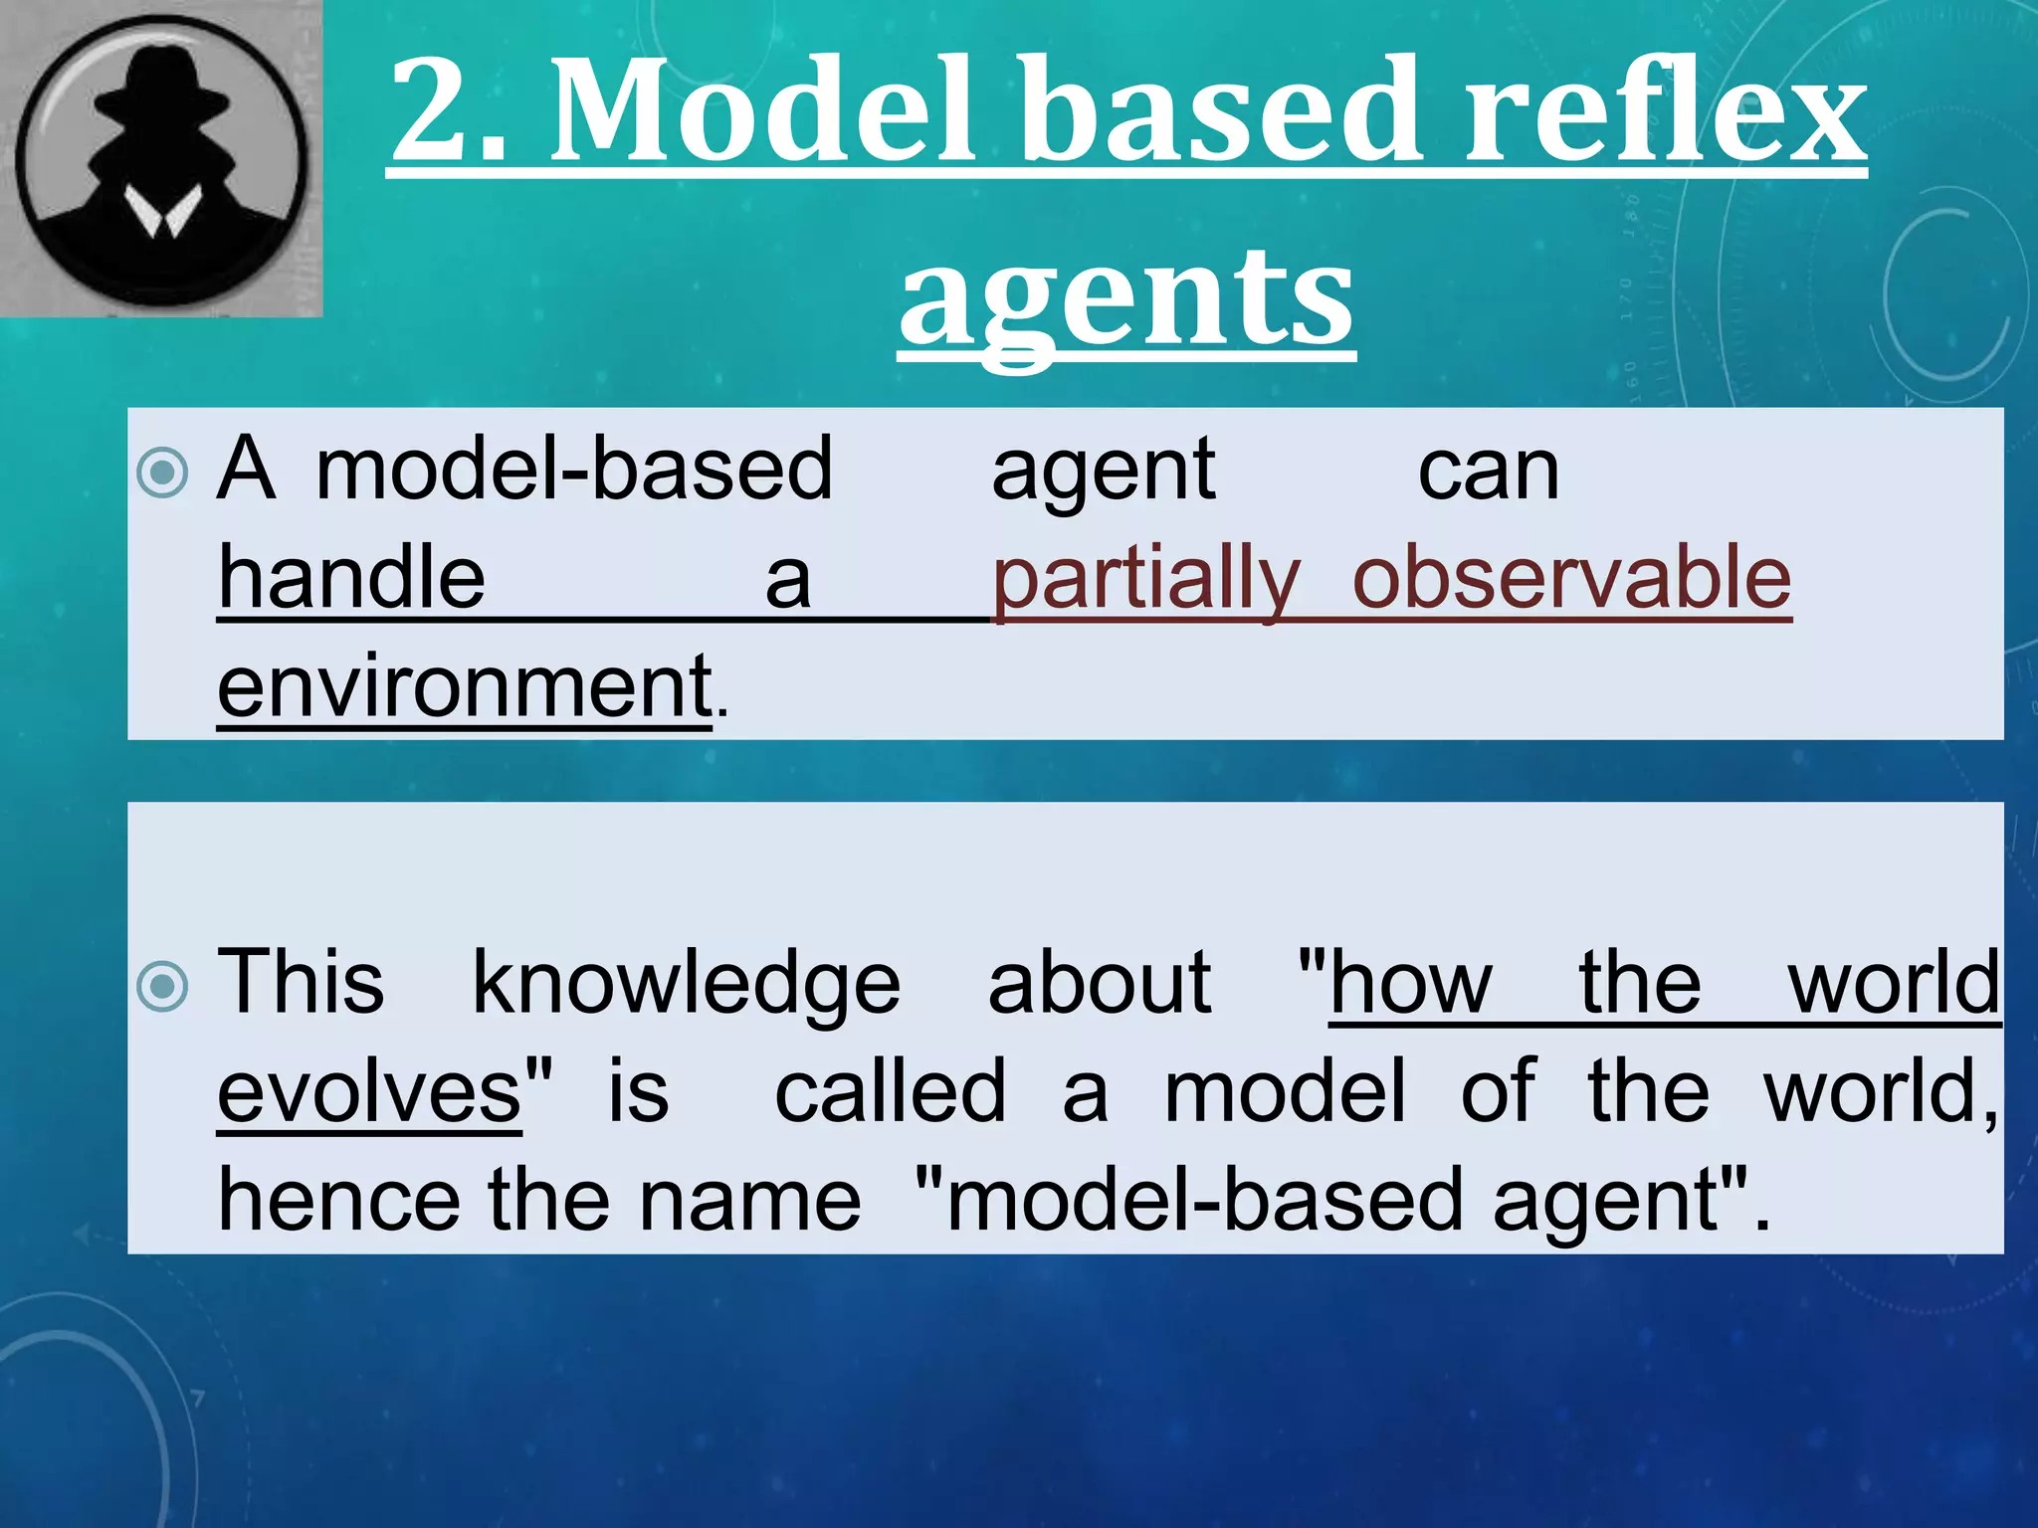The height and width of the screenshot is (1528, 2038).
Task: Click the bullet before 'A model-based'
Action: (162, 473)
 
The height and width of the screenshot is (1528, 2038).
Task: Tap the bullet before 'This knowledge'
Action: (162, 986)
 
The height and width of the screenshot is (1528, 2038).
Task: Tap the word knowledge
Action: (687, 985)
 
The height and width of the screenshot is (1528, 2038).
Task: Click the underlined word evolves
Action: (370, 1092)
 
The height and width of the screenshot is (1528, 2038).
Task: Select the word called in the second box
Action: (891, 1092)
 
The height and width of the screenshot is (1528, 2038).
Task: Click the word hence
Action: (339, 1201)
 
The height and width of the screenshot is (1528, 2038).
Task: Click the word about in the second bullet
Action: (1100, 985)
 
